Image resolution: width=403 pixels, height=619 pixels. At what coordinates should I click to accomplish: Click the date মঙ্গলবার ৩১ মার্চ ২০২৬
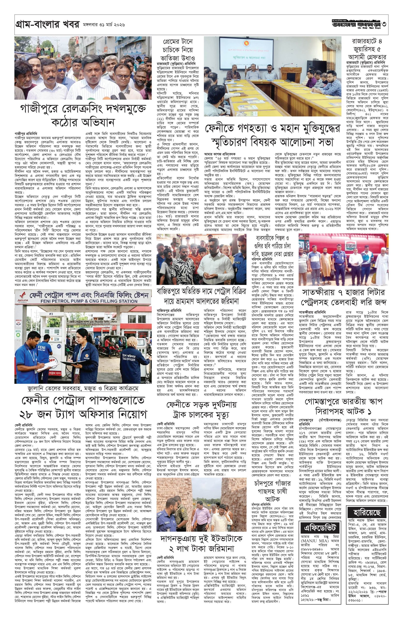click(104, 25)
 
